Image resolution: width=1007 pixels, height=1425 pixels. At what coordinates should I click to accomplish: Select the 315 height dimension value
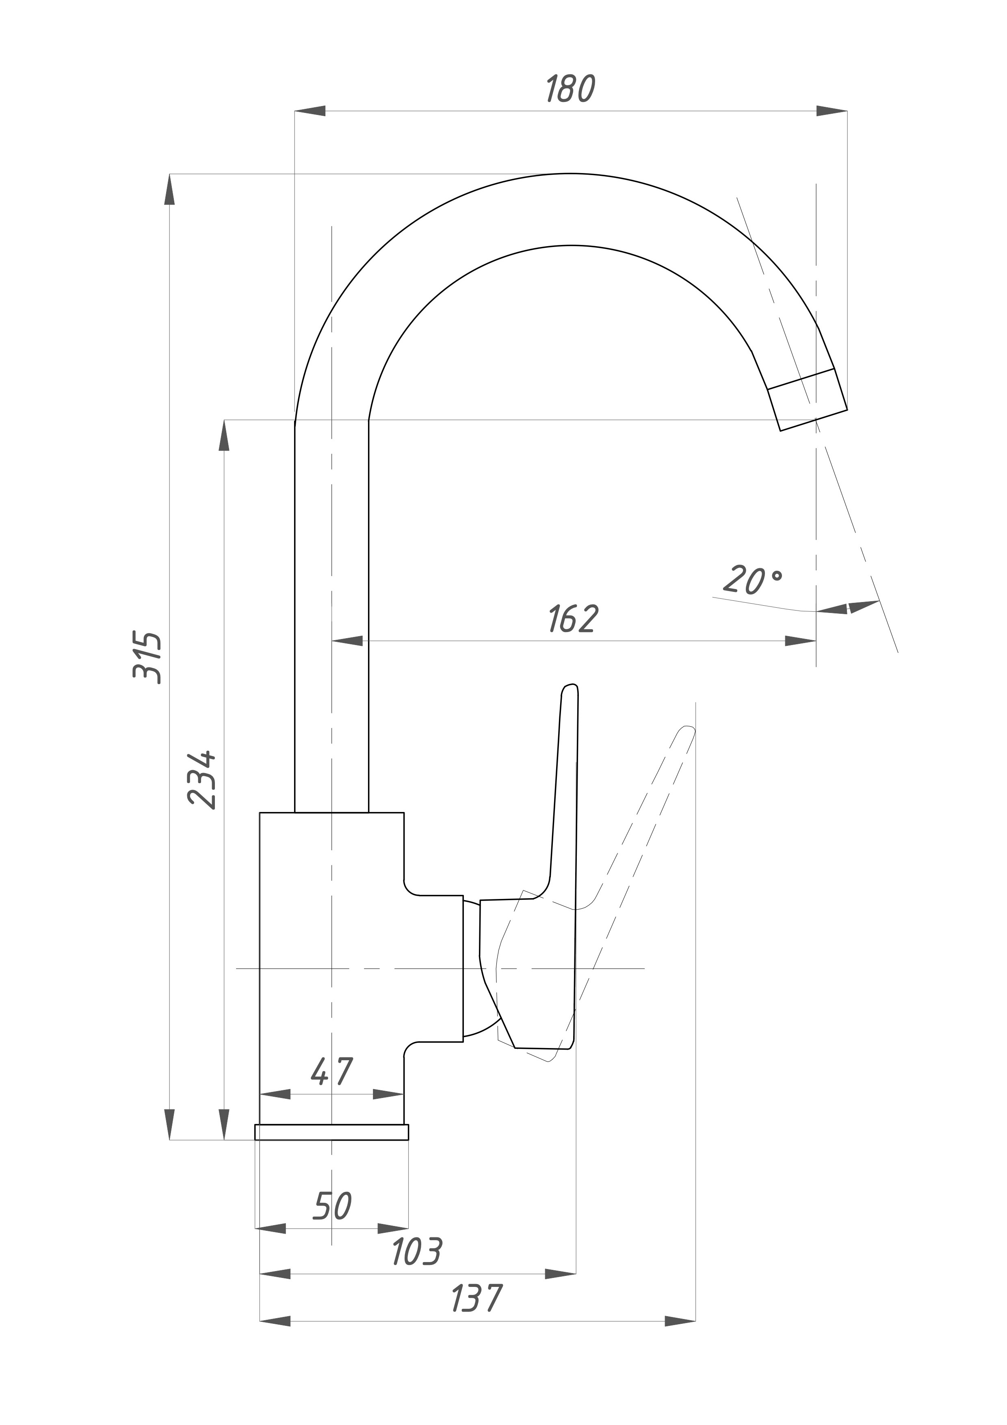(148, 658)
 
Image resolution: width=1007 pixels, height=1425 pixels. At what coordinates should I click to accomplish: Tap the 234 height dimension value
(202, 779)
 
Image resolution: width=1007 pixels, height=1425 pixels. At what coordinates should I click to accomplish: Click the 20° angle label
(753, 580)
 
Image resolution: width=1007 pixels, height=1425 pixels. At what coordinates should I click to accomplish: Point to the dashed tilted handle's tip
(687, 729)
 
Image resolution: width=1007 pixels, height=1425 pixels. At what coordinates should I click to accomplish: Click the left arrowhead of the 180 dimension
(310, 111)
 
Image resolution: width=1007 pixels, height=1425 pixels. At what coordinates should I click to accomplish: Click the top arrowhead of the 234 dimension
(224, 436)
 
